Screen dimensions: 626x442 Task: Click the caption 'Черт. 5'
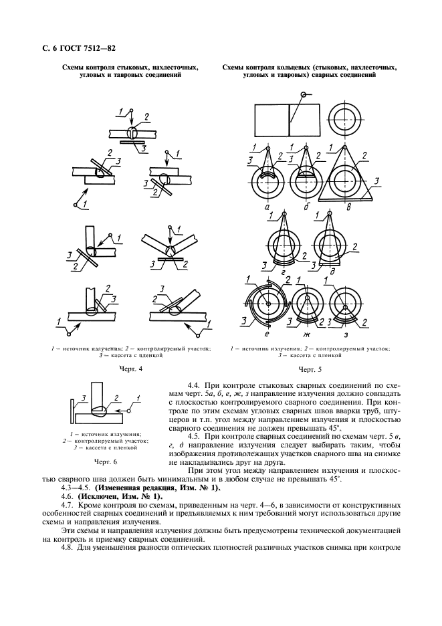[310, 369]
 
